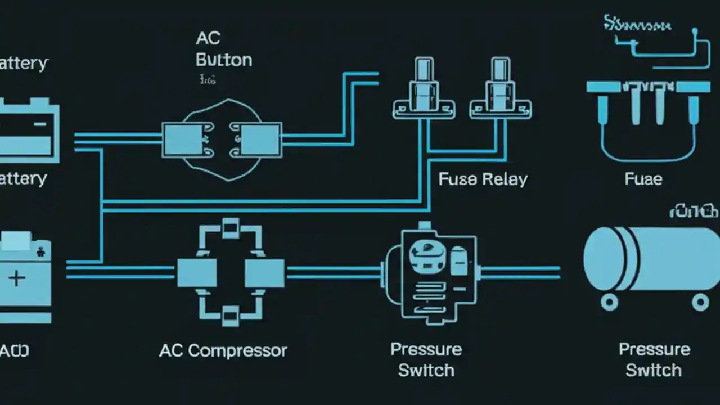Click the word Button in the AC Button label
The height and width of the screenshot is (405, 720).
point(224,60)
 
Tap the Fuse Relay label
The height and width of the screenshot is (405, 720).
point(483,179)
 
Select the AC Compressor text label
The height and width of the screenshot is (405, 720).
point(223,351)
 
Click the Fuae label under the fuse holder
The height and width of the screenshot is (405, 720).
point(643,179)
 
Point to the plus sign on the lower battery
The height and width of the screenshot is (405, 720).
point(17,278)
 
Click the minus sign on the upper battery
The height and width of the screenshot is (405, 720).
point(40,124)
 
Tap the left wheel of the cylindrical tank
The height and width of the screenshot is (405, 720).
point(609,302)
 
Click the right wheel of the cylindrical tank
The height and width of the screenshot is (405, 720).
point(700,302)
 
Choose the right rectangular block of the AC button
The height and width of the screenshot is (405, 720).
point(260,140)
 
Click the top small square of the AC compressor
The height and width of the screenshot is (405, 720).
point(231,228)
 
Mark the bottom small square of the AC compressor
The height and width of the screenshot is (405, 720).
point(231,317)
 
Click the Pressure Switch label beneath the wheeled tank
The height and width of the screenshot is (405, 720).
point(654,360)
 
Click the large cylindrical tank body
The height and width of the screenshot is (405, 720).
point(652,259)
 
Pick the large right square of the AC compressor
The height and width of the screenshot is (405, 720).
point(264,273)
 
